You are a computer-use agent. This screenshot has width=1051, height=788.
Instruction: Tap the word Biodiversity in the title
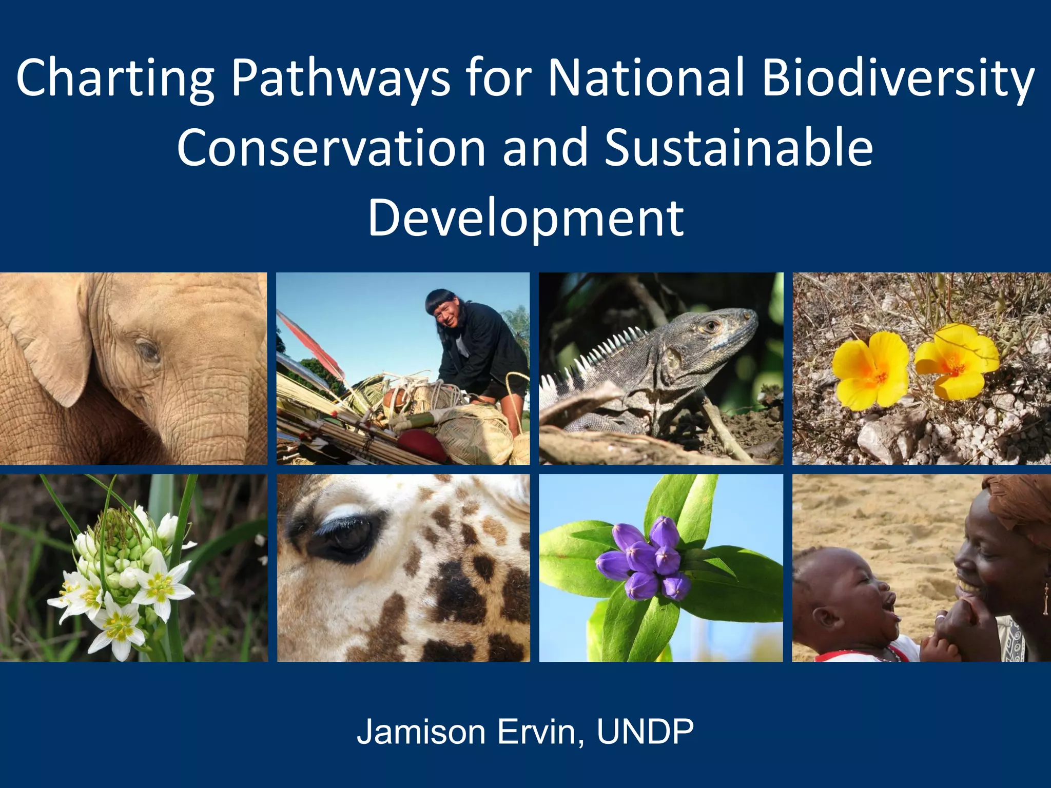(x=898, y=78)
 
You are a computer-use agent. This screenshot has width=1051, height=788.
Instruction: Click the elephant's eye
(x=148, y=351)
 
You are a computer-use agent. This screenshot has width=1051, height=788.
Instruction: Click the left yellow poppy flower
(x=868, y=369)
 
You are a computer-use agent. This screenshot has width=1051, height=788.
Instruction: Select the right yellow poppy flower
(x=956, y=362)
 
